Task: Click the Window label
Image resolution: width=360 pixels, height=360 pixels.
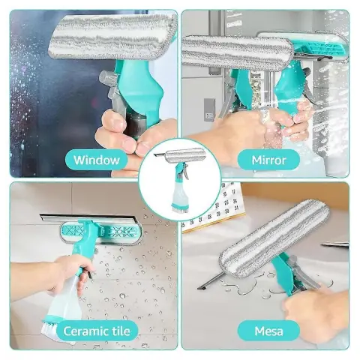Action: click(x=97, y=160)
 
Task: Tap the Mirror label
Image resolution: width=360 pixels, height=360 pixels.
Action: click(x=268, y=160)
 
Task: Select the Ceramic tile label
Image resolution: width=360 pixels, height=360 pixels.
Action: click(x=97, y=331)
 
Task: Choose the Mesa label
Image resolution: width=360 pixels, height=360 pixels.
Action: click(x=268, y=331)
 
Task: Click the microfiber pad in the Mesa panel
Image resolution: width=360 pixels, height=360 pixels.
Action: click(x=274, y=234)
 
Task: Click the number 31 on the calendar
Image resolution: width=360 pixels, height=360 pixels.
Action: click(x=235, y=208)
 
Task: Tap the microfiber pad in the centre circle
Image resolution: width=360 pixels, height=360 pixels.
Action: click(x=183, y=156)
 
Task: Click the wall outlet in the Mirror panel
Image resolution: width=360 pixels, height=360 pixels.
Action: click(x=209, y=110)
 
